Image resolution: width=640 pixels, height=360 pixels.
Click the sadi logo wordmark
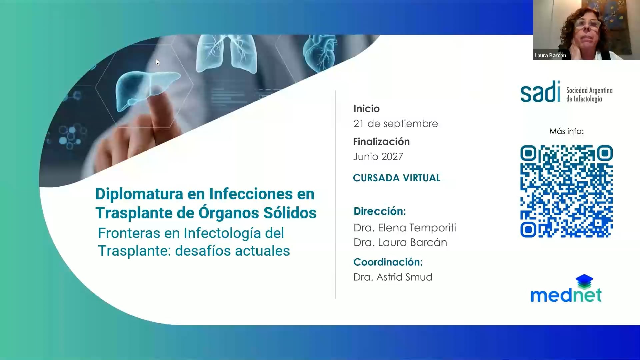point(540,92)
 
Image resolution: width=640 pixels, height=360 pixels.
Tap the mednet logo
point(566,289)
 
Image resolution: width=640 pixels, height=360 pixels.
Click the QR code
point(566,191)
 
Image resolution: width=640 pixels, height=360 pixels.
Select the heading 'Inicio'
point(366,109)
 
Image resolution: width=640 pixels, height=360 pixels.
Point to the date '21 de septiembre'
point(396,124)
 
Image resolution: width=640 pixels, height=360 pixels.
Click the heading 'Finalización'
point(381,142)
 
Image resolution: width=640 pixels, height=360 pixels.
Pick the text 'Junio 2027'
point(378,157)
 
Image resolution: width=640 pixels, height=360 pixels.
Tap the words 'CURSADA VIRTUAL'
point(397,178)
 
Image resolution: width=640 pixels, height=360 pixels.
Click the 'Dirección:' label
point(380,211)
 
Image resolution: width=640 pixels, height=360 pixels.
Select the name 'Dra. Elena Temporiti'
point(405,228)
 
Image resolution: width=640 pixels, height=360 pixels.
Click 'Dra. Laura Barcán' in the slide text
point(400,242)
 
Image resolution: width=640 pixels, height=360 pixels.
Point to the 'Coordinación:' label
point(388,262)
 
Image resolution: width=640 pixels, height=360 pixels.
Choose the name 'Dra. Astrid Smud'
point(393,277)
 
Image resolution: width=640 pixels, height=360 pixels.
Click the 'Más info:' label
point(566,131)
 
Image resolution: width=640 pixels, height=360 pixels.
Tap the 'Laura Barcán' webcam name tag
point(550,56)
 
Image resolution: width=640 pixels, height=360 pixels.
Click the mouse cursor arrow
point(158,62)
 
